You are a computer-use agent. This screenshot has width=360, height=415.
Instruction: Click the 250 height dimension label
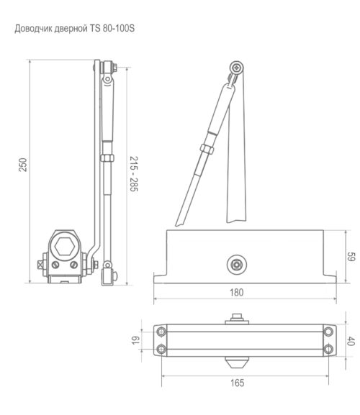pos(23,165)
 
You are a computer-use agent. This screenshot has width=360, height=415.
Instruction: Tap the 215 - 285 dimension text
pos(134,174)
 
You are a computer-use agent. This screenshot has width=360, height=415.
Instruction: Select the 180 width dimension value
pos(237,293)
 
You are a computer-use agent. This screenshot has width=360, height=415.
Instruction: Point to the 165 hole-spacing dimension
pos(237,383)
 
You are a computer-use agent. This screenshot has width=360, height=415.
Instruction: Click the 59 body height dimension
pos(351,257)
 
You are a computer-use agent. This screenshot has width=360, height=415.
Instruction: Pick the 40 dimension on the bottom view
pos(351,341)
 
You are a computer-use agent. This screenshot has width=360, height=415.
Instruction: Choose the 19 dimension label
pos(135,340)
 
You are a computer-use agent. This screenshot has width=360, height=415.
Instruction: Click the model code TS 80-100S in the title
pos(112,28)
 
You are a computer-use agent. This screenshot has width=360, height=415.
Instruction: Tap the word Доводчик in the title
pos(33,29)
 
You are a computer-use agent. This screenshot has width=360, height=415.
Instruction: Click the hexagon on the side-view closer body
pos(65,247)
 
